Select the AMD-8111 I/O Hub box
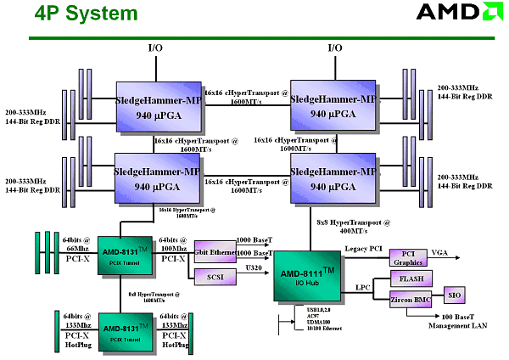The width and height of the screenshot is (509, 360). coord(308,275)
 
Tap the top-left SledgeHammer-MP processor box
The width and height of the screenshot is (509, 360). coord(158,105)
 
